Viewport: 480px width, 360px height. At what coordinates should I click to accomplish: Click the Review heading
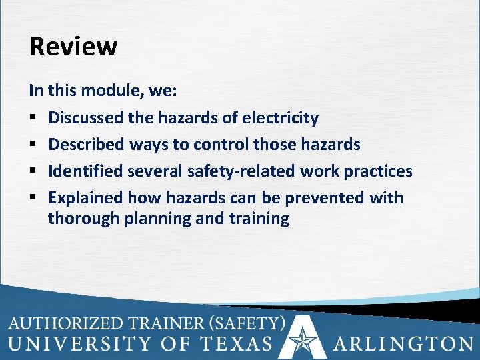pyautogui.click(x=73, y=47)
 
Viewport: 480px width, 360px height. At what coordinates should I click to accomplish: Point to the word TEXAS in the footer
pyautogui.click(x=237, y=344)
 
